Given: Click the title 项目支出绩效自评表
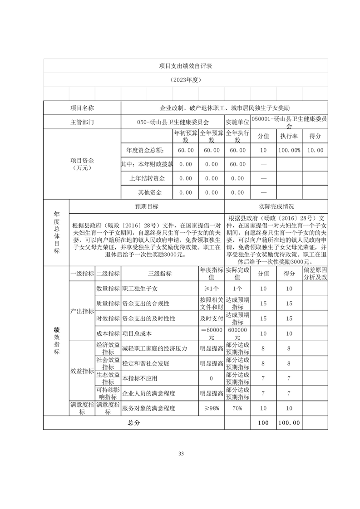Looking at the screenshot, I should [185, 66].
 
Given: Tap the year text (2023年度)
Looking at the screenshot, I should [185, 79].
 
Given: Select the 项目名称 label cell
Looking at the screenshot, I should [82, 108].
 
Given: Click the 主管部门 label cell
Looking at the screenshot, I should [82, 122].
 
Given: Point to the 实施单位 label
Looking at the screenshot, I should [237, 122].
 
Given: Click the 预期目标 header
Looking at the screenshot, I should [147, 206].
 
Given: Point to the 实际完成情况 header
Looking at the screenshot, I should [276, 206].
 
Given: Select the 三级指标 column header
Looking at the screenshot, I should [160, 274].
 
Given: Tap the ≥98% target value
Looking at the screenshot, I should [211, 408].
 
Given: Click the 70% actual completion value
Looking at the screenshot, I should [237, 408].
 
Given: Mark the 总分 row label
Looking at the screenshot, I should [133, 422].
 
